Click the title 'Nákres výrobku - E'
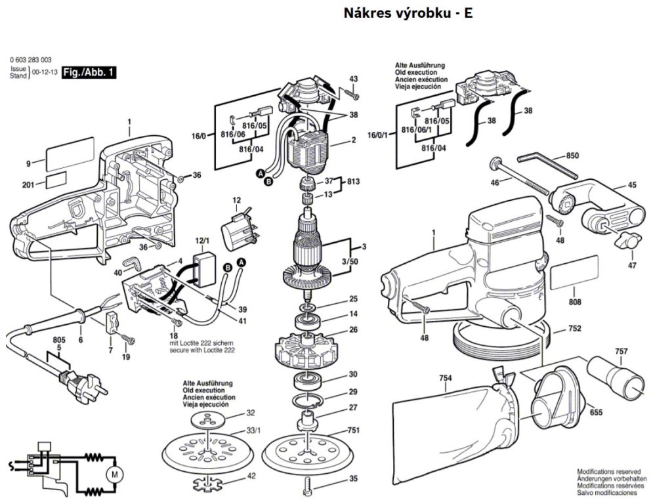[408, 14]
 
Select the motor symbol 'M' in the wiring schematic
[114, 472]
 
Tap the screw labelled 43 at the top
[350, 95]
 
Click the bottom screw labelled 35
[308, 486]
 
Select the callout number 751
[353, 430]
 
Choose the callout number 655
[596, 412]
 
